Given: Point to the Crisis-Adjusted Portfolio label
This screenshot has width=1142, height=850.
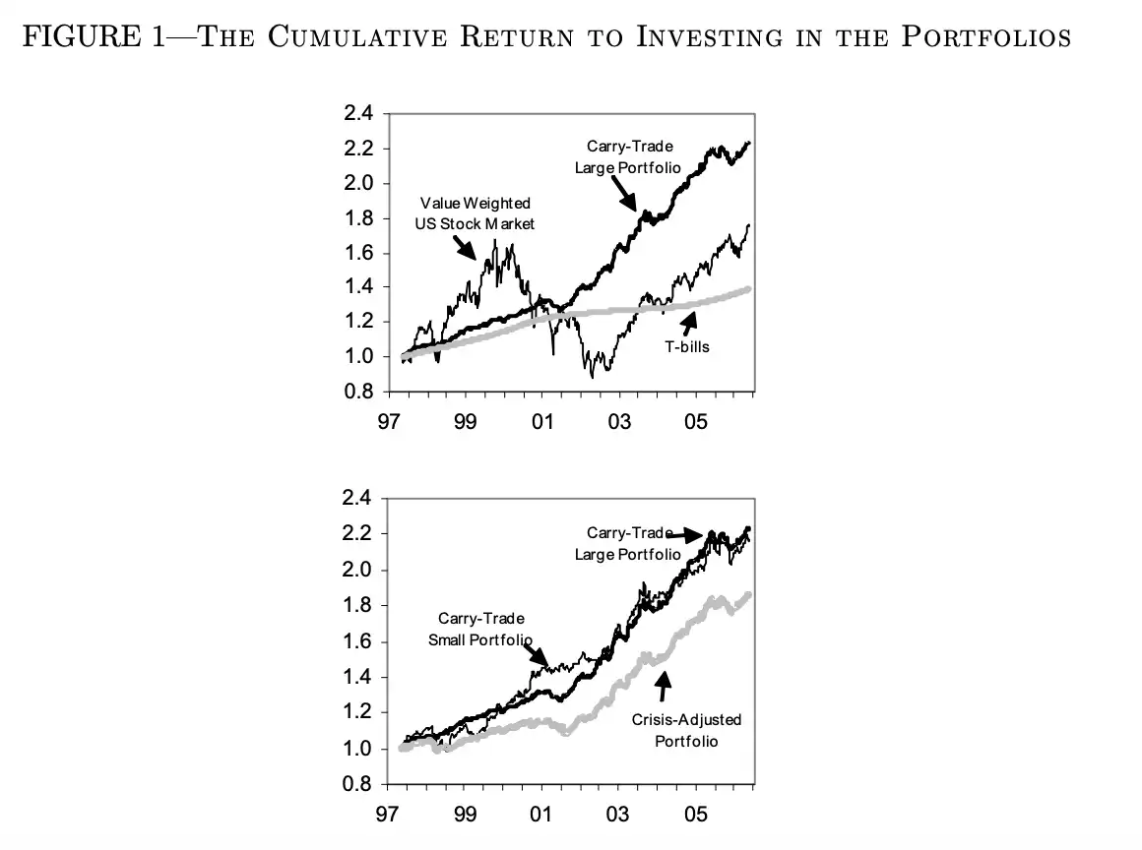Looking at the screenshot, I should pyautogui.click(x=686, y=730).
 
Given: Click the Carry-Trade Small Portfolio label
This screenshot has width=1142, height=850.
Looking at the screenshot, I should pyautogui.click(x=480, y=629).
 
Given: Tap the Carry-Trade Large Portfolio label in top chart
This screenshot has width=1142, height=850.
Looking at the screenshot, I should pyautogui.click(x=628, y=156).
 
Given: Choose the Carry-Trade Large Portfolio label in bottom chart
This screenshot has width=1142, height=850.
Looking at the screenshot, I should pyautogui.click(x=628, y=543).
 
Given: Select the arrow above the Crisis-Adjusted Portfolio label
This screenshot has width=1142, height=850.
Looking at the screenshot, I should pyautogui.click(x=663, y=685).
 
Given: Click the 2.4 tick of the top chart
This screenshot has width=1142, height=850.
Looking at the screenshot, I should pyautogui.click(x=358, y=114).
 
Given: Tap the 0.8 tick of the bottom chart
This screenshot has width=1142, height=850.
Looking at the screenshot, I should pyautogui.click(x=358, y=785).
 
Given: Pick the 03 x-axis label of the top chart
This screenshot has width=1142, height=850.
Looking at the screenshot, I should pyautogui.click(x=619, y=422).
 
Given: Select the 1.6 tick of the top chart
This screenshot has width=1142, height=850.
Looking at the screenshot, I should pyautogui.click(x=358, y=253).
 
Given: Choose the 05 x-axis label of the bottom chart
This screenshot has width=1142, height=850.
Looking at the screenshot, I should pyautogui.click(x=696, y=817).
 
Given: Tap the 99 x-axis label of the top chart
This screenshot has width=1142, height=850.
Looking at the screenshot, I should pyautogui.click(x=466, y=422).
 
